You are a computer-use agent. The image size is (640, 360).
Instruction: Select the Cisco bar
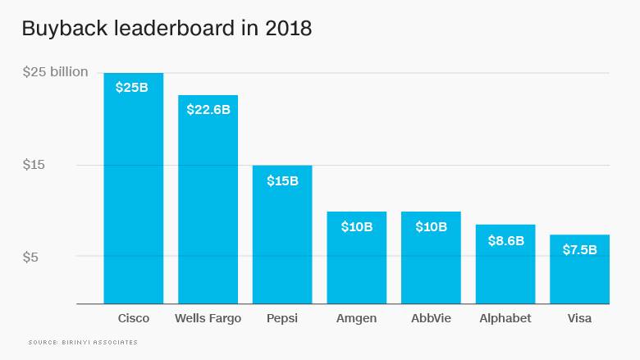tap(133, 197)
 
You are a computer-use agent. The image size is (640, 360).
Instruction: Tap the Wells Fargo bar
tap(208, 205)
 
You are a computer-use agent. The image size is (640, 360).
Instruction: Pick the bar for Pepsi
tap(282, 238)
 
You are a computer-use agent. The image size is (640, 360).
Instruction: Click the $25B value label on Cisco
tap(132, 86)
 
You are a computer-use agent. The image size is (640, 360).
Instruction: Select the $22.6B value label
tap(208, 108)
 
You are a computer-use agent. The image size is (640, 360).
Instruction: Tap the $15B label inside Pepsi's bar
tap(282, 180)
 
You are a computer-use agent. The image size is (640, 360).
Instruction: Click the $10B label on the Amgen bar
tap(357, 226)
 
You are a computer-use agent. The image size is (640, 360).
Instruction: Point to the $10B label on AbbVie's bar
tap(431, 226)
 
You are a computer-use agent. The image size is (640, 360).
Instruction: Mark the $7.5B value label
tap(579, 249)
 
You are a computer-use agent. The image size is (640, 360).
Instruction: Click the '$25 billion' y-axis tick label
tap(55, 72)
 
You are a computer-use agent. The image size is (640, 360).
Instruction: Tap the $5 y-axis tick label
tap(30, 257)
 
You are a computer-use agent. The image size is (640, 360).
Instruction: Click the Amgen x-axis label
tap(357, 318)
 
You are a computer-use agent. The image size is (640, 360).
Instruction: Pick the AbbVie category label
tap(431, 318)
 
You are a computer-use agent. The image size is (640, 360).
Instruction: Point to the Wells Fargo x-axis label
tap(208, 318)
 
